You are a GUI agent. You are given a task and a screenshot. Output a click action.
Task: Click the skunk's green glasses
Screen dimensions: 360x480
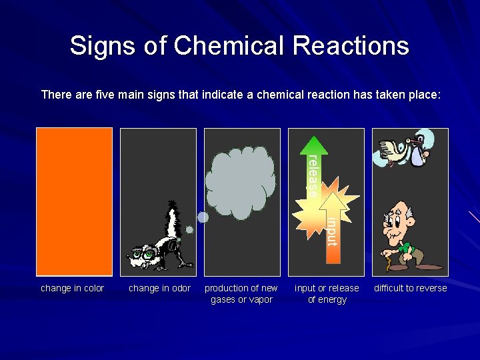(x=144, y=254)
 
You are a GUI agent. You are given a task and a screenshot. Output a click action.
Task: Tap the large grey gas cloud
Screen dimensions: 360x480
(x=240, y=180)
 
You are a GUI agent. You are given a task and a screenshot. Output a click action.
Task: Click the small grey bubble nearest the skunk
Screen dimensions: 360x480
(x=189, y=230)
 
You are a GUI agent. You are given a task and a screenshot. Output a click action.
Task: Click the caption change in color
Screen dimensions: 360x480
(x=73, y=288)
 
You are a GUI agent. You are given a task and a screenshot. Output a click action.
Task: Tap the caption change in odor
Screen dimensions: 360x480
(x=159, y=288)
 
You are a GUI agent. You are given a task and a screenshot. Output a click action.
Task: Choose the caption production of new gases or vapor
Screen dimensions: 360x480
(x=241, y=294)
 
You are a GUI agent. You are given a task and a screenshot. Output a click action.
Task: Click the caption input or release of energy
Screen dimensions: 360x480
(x=327, y=294)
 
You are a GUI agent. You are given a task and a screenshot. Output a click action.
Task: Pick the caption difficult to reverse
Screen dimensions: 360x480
(x=410, y=288)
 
